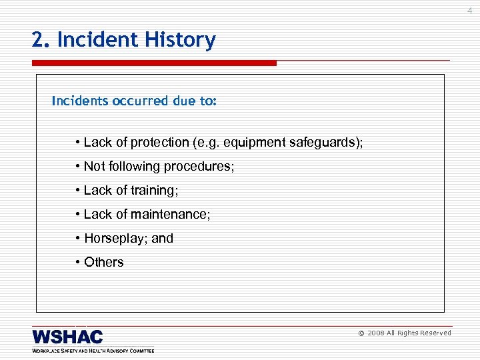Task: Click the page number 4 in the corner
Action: click(x=469, y=10)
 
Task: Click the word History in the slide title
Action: click(x=182, y=41)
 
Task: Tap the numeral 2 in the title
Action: click(x=37, y=41)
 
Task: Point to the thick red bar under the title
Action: click(x=154, y=63)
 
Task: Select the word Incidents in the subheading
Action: click(x=81, y=101)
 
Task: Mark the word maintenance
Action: click(x=170, y=215)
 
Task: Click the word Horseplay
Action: click(x=116, y=239)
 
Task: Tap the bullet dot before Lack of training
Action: click(x=78, y=191)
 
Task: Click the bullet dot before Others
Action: click(x=78, y=263)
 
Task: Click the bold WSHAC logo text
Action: click(x=67, y=337)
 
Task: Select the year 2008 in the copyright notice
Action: click(x=377, y=333)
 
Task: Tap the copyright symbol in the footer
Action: click(x=361, y=333)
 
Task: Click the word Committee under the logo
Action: click(x=138, y=350)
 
